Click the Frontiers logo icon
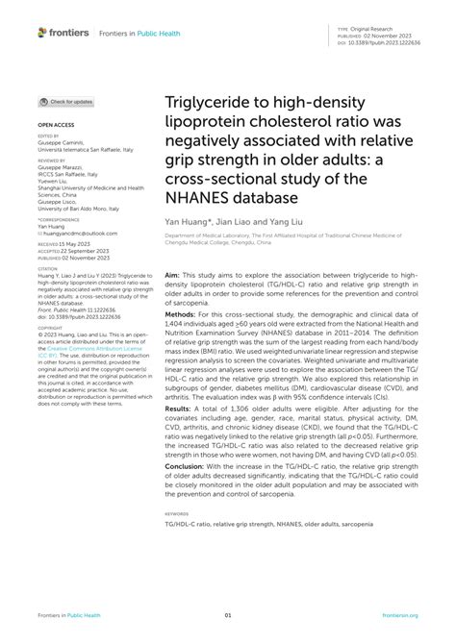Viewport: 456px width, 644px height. click(x=42, y=32)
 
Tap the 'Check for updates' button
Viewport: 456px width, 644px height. click(x=66, y=101)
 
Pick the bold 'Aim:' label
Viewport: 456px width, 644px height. click(x=174, y=274)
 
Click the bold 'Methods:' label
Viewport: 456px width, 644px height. click(x=183, y=313)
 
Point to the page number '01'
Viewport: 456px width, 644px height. click(x=228, y=617)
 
